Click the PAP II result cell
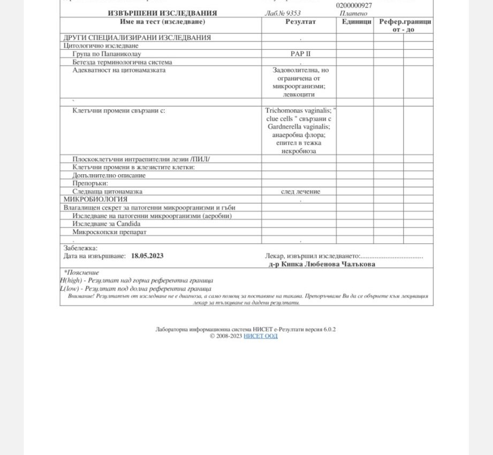pos(300,54)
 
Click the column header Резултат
pos(300,22)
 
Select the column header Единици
pos(356,22)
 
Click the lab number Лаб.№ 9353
pos(283,13)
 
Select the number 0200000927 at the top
pos(354,5)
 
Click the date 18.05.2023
pos(147,256)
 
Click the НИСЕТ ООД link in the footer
pos(260,336)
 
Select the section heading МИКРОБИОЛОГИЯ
pos(95,199)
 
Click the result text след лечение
pos(300,191)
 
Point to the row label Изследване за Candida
pos(107,224)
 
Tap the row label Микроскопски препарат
pos(109,232)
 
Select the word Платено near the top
pos(353,13)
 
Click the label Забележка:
pos(80,248)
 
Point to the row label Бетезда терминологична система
pos(122,62)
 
